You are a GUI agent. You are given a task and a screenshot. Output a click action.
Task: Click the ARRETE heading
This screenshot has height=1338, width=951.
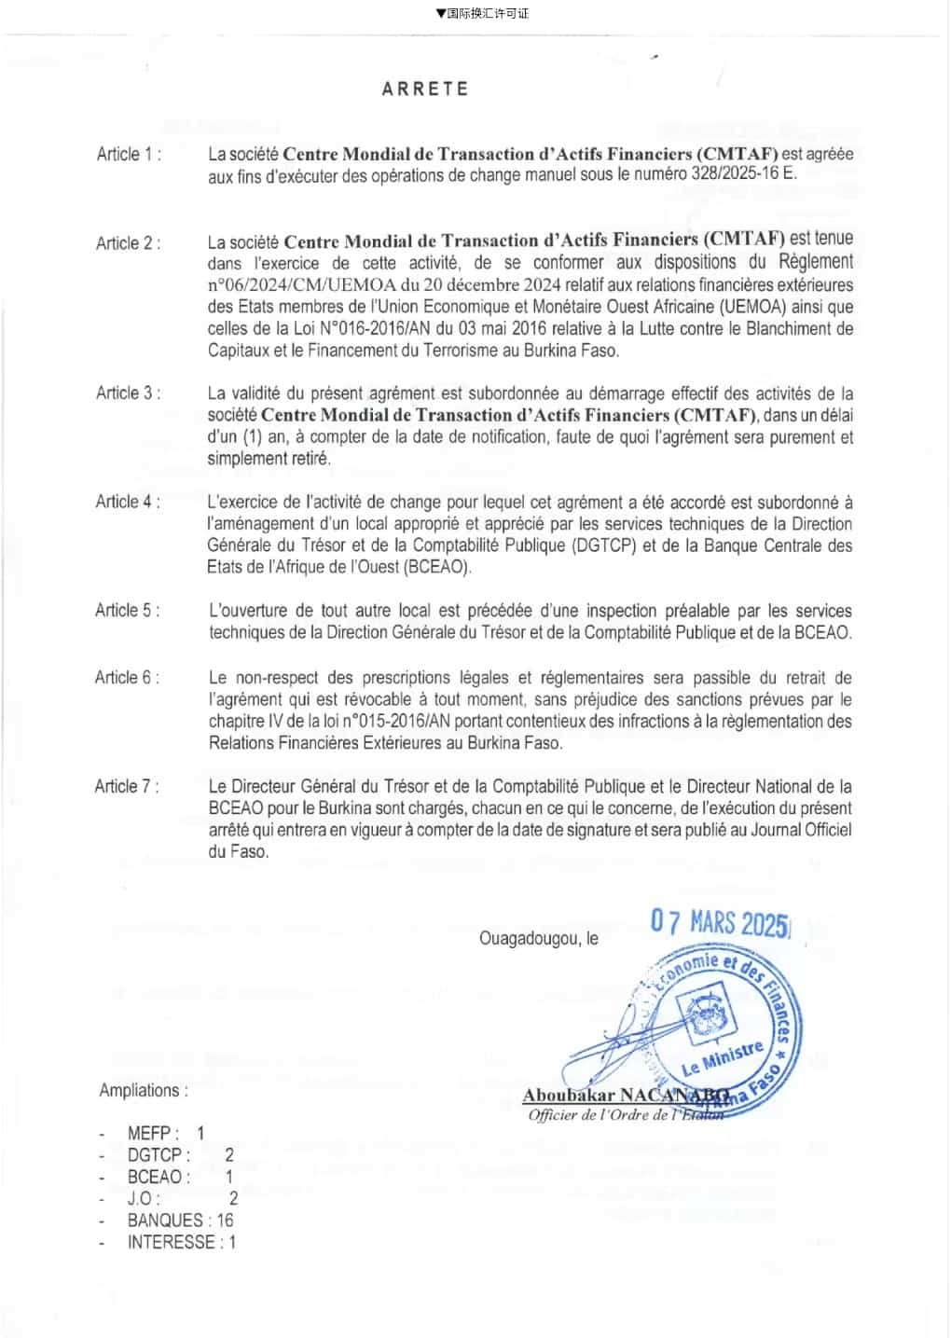pyautogui.click(x=424, y=90)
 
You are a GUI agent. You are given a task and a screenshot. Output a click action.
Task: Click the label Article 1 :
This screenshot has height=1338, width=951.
pyautogui.click(x=129, y=155)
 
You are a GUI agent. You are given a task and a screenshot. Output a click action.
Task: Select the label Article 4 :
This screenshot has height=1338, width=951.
pyautogui.click(x=128, y=502)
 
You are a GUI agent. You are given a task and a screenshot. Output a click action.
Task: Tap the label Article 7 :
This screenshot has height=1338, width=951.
pyautogui.click(x=127, y=787)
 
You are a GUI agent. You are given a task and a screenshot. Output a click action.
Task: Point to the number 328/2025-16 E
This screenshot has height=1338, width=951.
pyautogui.click(x=744, y=174)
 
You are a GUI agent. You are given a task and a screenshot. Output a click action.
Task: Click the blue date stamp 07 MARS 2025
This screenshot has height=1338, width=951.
pyautogui.click(x=720, y=923)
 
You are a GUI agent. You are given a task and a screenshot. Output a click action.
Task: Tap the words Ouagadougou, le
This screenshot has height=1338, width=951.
pyautogui.click(x=539, y=939)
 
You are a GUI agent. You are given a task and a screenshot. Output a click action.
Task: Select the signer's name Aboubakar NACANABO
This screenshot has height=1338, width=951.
pyautogui.click(x=626, y=1096)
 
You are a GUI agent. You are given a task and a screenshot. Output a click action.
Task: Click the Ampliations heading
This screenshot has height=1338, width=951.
pyautogui.click(x=144, y=1090)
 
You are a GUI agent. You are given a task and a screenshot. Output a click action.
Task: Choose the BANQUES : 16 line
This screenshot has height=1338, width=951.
pyautogui.click(x=180, y=1221)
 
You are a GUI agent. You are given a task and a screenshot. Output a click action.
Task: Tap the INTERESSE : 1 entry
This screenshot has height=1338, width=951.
pyautogui.click(x=181, y=1242)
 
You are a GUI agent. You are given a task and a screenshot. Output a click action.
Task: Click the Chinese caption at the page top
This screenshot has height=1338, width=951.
pyautogui.click(x=481, y=13)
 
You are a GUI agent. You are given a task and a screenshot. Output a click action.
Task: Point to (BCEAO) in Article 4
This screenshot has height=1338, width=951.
pyautogui.click(x=438, y=567)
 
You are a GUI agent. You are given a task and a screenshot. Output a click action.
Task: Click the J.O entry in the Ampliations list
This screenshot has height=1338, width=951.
pyautogui.click(x=182, y=1199)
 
